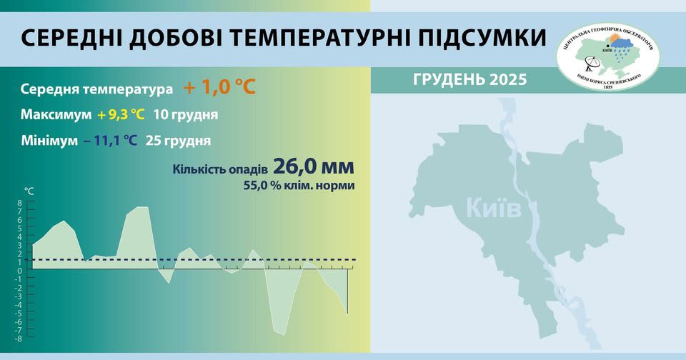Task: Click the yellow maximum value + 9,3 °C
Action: pos(122,115)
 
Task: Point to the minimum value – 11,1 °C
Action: pos(110,141)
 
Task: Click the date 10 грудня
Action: pos(186,115)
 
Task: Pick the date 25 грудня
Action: pos(178,141)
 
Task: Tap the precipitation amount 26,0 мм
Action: pos(314,167)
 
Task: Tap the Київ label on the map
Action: pos(494,209)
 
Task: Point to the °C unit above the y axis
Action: pos(29,191)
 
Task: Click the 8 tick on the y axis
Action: pos(20,203)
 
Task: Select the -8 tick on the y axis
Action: pos(19,339)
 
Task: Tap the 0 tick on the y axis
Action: pos(20,271)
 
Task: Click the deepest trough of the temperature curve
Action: pos(282,334)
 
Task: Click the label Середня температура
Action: pos(97,90)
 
